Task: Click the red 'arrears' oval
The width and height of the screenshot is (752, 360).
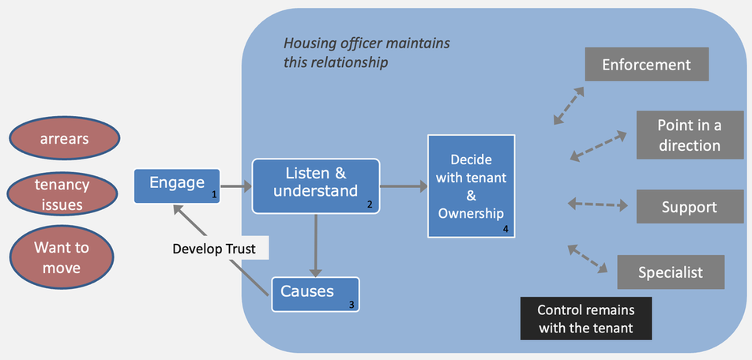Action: (x=65, y=139)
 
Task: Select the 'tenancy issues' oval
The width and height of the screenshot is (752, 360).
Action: (x=62, y=194)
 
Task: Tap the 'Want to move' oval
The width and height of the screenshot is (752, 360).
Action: (x=62, y=257)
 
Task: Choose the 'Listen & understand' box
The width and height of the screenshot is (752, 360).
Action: (x=316, y=186)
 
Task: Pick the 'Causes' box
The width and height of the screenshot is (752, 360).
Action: (x=315, y=294)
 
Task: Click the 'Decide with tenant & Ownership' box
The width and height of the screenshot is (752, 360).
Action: (x=472, y=186)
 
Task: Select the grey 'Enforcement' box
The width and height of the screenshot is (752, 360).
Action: (x=646, y=64)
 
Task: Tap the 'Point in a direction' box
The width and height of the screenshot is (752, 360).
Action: (x=690, y=135)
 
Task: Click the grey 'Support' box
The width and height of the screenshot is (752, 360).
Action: (x=689, y=207)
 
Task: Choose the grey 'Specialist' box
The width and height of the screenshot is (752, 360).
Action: (x=671, y=272)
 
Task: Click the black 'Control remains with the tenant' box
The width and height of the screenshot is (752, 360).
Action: (x=585, y=318)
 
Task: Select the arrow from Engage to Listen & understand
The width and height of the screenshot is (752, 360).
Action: (x=235, y=187)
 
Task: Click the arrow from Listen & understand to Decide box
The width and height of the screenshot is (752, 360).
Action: (x=404, y=187)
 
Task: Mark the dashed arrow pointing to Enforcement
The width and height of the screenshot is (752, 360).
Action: (x=569, y=105)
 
